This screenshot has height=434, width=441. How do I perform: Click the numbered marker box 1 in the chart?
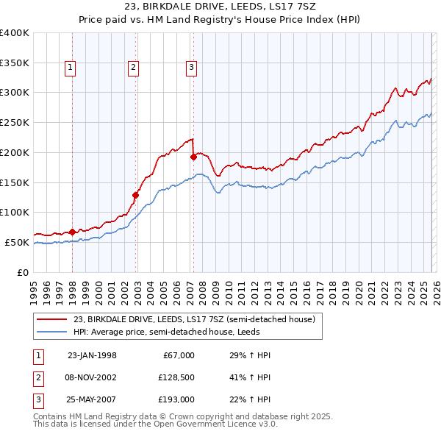click(x=71, y=68)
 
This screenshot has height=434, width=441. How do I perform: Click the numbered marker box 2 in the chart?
click(x=133, y=68)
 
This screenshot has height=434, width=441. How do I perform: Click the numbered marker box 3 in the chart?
click(x=190, y=68)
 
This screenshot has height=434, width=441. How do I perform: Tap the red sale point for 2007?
click(x=193, y=157)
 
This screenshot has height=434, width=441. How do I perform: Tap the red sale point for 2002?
click(x=136, y=195)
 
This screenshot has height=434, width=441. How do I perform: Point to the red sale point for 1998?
click(x=73, y=232)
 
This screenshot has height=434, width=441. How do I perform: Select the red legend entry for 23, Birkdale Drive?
click(x=194, y=319)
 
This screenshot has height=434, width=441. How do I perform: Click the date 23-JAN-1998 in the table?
click(x=92, y=355)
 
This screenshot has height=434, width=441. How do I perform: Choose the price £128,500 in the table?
click(x=174, y=377)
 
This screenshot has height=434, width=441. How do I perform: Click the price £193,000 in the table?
click(x=174, y=399)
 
